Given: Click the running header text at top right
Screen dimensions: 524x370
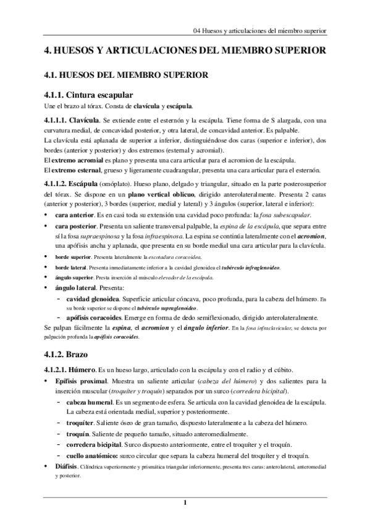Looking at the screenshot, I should [259, 30].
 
